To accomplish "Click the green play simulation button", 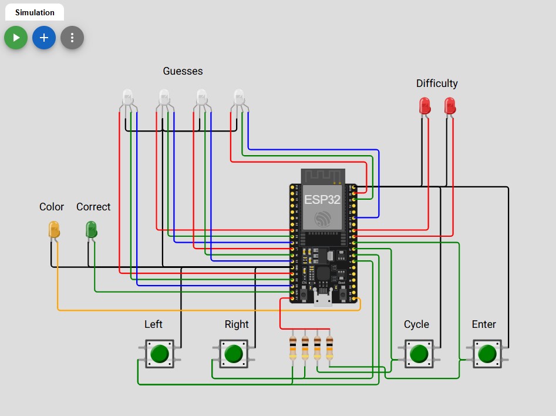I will [16, 38].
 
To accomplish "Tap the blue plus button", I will [44, 38].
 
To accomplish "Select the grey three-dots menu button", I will [72, 38].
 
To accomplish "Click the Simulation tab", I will [35, 12].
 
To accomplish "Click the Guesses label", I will [183, 71].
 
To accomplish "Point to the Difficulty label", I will [437, 83].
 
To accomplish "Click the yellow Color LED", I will [54, 229].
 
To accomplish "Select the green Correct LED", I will [91, 229].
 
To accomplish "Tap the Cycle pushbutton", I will [419, 354].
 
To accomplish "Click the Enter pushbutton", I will [487, 354].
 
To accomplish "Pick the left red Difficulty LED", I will [424, 106].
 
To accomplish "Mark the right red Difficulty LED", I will [450, 106].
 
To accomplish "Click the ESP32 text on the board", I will [322, 199].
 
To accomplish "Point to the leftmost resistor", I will [293, 348].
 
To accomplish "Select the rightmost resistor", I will [329, 348].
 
